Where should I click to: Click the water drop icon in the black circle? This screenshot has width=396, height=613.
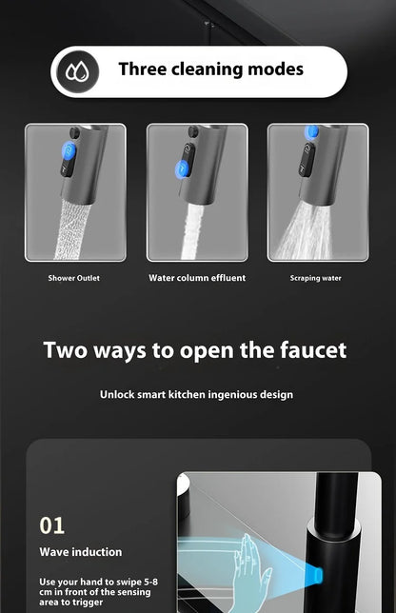[77, 70]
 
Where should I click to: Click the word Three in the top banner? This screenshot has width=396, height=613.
[145, 69]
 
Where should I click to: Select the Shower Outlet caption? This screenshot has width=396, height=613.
[74, 278]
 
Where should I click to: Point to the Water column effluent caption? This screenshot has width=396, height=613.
[197, 278]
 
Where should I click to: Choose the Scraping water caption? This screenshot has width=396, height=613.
[316, 278]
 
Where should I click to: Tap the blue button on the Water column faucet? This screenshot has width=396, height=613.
[181, 169]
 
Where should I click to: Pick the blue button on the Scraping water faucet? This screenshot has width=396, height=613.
[311, 133]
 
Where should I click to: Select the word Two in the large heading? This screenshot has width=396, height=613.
[66, 349]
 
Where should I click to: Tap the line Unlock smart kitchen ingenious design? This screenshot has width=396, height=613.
[197, 394]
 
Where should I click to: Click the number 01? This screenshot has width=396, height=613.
[52, 524]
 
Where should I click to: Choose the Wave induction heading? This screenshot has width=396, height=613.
[81, 552]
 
